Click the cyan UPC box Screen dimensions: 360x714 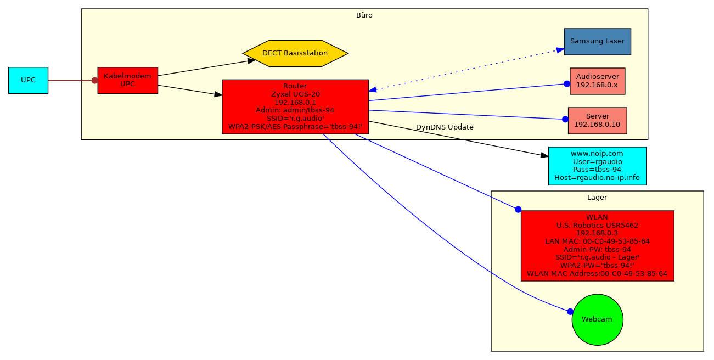pos(28,80)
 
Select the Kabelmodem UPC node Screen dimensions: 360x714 pos(127,80)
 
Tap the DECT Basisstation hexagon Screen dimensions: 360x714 pos(295,53)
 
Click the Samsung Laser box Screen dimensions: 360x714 pos(597,41)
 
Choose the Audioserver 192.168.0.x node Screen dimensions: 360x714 pos(597,81)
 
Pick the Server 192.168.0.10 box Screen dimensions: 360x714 pos(597,120)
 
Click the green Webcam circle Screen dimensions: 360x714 pos(597,319)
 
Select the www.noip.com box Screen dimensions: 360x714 pos(597,166)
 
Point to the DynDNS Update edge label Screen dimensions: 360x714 pos(445,127)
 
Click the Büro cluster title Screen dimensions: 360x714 pos(364,15)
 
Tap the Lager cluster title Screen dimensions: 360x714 pos(597,198)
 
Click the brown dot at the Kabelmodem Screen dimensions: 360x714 pos(95,81)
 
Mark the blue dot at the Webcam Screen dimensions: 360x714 pos(570,312)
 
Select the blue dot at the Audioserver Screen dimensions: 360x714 pos(567,84)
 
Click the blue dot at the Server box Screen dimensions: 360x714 pos(565,119)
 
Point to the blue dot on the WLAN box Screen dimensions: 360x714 pos(518,210)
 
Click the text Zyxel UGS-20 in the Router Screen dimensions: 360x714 pos(295,94)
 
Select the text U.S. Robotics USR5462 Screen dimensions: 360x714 pos(597,225)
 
